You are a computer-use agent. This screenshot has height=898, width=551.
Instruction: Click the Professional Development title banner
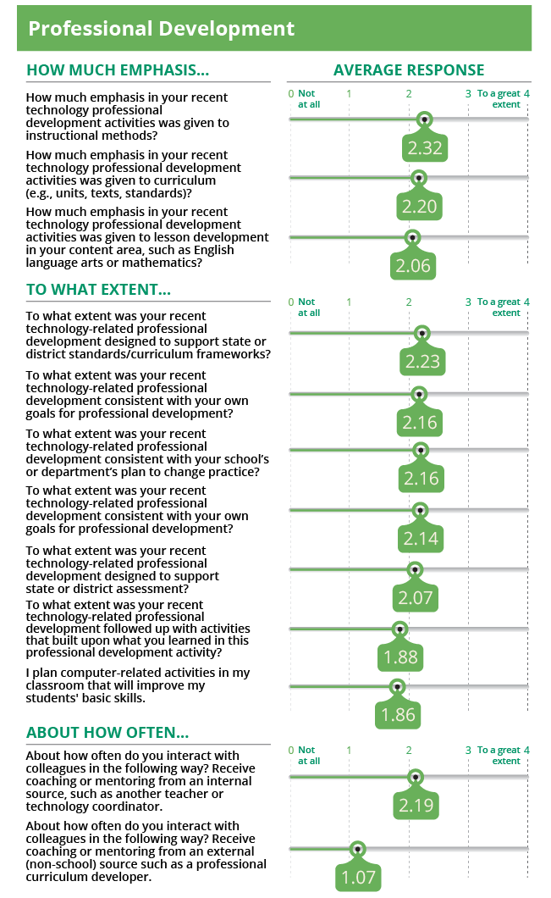click(274, 29)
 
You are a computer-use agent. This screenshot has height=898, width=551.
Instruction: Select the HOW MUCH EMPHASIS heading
click(118, 70)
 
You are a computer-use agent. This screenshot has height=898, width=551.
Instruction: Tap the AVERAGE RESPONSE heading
click(409, 70)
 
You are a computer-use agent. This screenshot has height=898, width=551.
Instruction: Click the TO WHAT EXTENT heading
click(98, 290)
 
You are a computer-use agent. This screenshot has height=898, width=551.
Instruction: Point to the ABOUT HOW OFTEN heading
click(107, 733)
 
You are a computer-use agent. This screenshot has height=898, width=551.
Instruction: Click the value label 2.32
click(425, 149)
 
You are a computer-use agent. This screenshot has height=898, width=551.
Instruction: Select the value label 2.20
click(418, 207)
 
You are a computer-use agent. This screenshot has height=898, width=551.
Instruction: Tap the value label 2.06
click(413, 266)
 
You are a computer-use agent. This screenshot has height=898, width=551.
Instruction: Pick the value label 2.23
click(422, 362)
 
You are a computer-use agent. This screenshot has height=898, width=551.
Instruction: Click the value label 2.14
click(421, 539)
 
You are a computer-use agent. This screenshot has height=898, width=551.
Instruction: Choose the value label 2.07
click(415, 598)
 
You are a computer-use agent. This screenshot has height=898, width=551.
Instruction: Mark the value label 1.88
click(400, 657)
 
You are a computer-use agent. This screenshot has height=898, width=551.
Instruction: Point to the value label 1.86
click(398, 715)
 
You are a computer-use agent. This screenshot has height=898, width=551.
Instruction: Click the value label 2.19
click(416, 806)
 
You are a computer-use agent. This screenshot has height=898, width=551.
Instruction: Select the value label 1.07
click(358, 877)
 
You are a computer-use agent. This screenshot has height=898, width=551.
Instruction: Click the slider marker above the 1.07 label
click(358, 848)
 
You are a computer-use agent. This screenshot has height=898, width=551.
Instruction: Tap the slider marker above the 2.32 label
click(425, 119)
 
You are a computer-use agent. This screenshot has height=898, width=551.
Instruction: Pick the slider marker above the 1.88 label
click(400, 629)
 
